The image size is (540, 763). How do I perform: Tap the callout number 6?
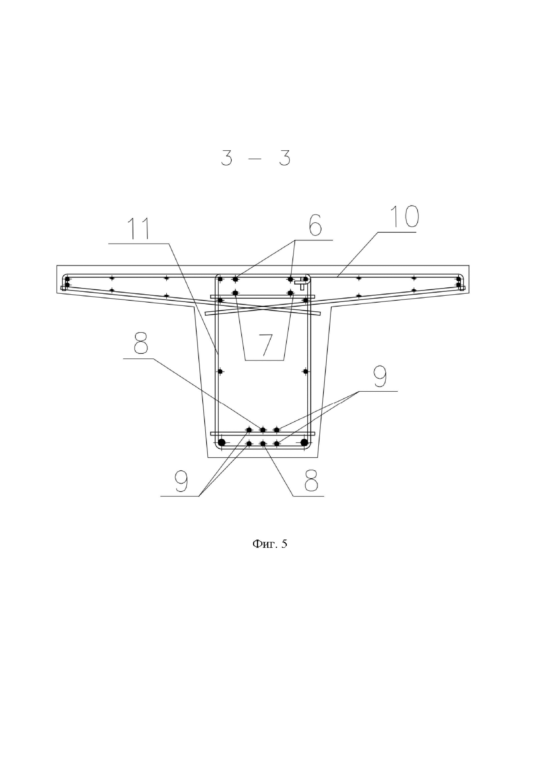click(315, 225)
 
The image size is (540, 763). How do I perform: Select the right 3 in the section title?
click(284, 158)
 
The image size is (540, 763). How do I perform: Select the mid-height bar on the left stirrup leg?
click(220, 371)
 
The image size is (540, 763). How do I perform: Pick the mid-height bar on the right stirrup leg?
click(305, 371)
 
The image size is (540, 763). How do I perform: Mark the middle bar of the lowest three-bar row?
click(263, 443)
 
